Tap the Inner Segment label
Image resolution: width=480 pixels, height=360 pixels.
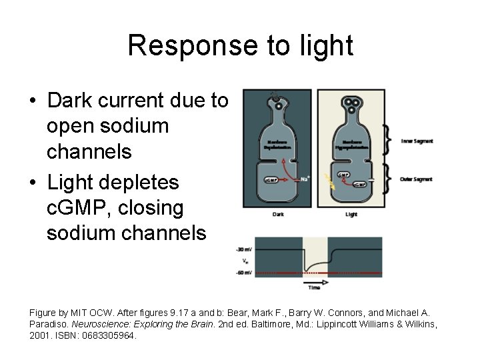pos(417,141)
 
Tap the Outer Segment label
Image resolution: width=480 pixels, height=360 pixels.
pos(417,179)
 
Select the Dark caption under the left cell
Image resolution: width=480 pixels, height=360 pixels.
pos(278,215)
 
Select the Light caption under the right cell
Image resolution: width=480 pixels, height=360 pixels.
pos(351,215)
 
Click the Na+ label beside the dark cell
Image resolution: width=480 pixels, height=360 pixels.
pos(305,178)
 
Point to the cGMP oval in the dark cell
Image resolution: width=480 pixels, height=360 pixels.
pos(271,180)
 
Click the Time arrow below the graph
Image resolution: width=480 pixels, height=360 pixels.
pos(313,282)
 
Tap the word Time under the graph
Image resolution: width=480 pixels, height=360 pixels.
pos(314,288)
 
